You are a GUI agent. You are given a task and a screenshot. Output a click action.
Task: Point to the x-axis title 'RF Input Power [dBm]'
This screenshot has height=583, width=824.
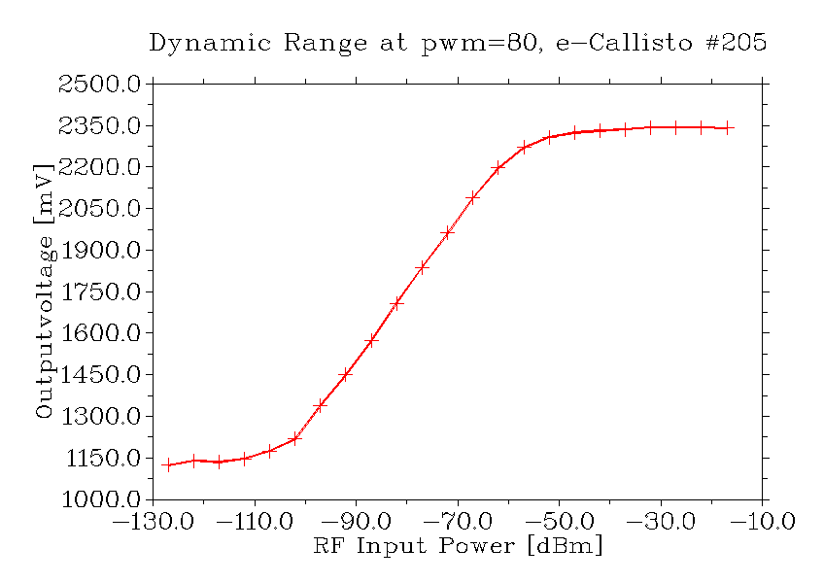(458, 546)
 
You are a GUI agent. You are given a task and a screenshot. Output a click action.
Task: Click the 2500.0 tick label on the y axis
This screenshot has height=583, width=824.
(102, 85)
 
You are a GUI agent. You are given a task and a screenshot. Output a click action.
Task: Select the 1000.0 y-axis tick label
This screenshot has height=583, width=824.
(102, 499)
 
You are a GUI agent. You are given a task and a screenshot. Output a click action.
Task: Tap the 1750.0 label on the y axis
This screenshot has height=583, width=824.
(102, 291)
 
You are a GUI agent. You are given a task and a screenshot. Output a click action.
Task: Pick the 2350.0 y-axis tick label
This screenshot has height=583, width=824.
(102, 126)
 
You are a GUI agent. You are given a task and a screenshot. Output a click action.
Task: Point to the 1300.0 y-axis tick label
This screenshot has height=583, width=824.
(102, 416)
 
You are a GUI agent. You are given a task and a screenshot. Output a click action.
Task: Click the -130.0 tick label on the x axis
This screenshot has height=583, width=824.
(153, 522)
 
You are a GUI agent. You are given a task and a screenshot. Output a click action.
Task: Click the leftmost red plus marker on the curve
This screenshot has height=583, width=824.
(168, 464)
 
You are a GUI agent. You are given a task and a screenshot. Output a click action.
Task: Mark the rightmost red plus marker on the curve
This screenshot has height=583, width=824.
(728, 127)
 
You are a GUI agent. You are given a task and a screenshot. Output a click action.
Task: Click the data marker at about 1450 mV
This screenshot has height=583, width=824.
(345, 374)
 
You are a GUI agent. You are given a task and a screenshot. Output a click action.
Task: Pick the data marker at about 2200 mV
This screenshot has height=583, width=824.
(498, 167)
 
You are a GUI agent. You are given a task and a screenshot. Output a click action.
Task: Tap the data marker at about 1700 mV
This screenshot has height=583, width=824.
(396, 303)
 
